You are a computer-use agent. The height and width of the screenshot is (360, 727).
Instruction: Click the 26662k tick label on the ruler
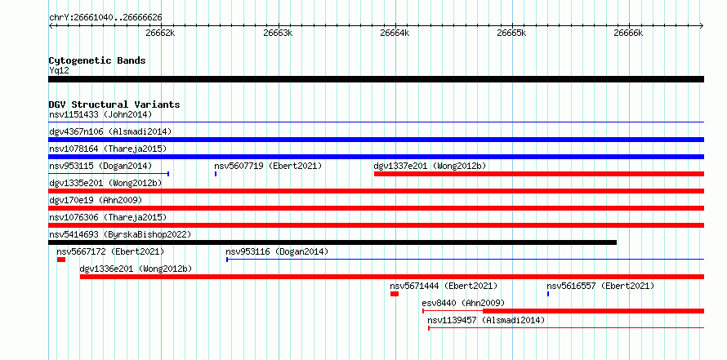(x=160, y=33)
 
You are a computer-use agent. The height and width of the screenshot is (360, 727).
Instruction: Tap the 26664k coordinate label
(x=395, y=33)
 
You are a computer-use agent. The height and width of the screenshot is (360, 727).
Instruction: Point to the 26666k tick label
(x=628, y=33)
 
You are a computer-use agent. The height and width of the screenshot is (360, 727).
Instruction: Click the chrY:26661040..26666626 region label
(x=105, y=18)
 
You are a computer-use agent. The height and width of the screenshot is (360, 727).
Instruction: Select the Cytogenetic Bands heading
(x=97, y=60)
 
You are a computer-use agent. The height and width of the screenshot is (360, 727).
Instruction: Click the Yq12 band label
(x=59, y=71)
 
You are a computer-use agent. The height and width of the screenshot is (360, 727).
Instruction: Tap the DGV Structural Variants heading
(x=114, y=104)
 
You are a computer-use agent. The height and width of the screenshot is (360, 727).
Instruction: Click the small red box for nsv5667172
(x=61, y=260)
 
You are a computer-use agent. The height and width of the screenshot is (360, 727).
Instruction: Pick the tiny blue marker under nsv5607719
(x=216, y=174)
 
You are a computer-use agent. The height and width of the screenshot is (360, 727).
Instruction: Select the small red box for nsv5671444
(x=395, y=294)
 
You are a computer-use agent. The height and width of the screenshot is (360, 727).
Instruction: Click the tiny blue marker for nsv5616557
(x=548, y=294)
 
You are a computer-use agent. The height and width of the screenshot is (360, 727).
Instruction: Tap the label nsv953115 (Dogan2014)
(x=100, y=166)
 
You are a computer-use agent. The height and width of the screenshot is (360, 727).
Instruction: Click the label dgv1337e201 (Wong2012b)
(x=430, y=166)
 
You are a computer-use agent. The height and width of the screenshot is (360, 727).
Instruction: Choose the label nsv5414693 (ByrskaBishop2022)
(x=120, y=234)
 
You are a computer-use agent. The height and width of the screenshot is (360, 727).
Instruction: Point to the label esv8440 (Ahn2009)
(x=463, y=303)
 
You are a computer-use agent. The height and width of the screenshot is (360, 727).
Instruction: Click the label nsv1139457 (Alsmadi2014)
(x=486, y=320)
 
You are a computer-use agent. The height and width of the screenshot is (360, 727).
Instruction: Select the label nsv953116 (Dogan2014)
(x=277, y=251)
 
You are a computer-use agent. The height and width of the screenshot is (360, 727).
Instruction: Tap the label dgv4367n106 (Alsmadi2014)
(x=110, y=131)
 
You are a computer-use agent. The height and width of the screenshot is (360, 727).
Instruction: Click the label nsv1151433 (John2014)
(x=100, y=114)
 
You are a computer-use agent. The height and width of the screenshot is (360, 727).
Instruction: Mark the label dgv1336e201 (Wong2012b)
(x=136, y=269)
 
